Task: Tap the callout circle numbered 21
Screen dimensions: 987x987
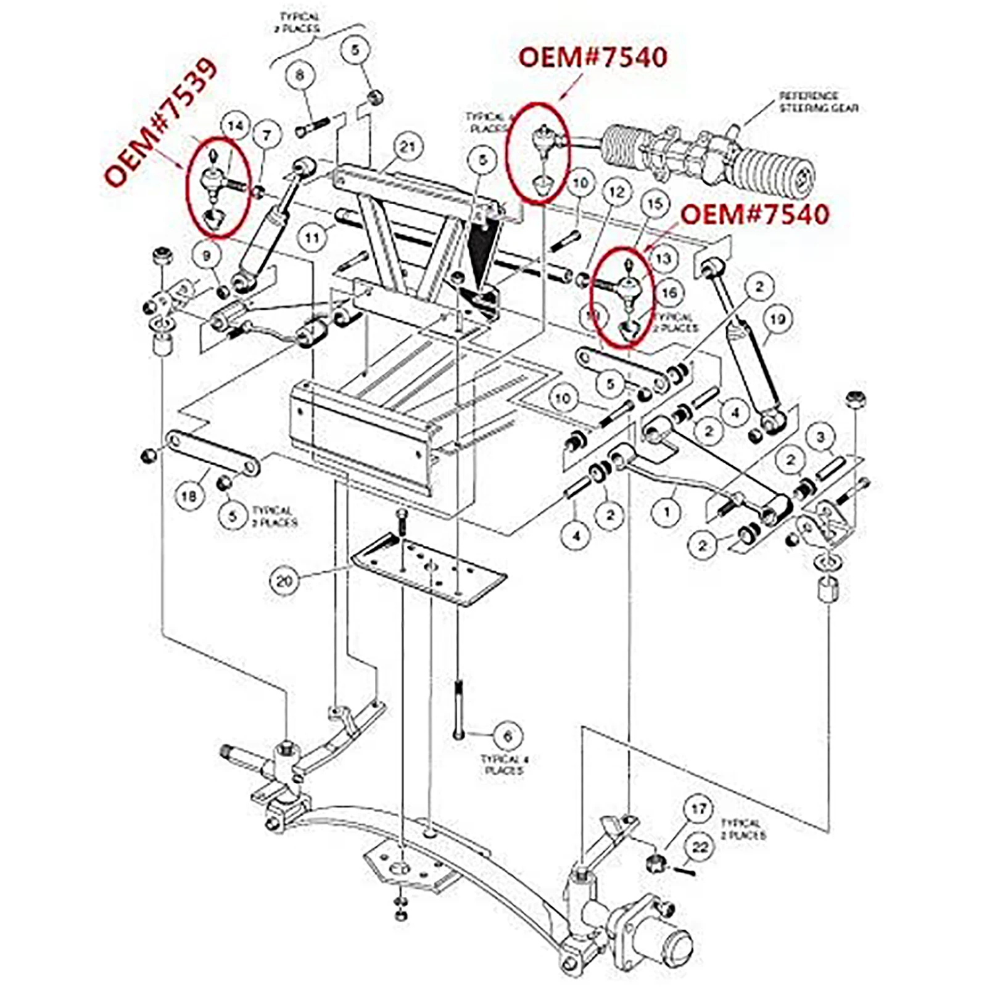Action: click(407, 147)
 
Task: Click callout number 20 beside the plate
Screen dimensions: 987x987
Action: click(284, 580)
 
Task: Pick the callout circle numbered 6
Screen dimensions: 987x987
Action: click(507, 736)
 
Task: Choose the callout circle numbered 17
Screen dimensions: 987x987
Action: click(698, 809)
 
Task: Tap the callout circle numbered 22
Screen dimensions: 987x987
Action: click(700, 847)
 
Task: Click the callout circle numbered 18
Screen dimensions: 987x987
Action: click(189, 495)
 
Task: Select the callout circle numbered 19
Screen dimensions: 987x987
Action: click(777, 319)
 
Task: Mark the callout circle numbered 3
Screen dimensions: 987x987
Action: click(820, 437)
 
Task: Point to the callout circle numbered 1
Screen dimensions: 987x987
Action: click(666, 511)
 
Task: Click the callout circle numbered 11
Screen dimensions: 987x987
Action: click(313, 237)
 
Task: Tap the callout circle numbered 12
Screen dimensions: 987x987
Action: click(617, 192)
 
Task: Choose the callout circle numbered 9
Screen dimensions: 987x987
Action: click(207, 255)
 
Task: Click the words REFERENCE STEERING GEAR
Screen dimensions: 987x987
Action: click(818, 102)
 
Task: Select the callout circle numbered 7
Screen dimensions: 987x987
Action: click(266, 134)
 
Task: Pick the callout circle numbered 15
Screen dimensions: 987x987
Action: click(655, 204)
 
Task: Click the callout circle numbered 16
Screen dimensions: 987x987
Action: click(669, 292)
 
